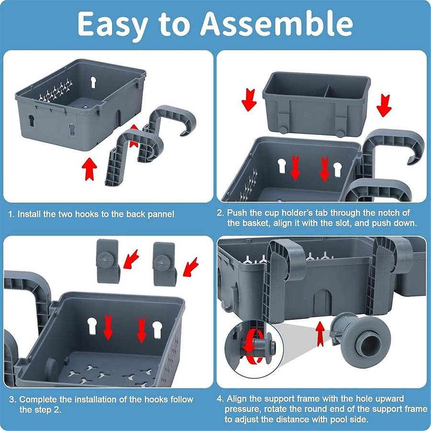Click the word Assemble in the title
(x=276, y=24)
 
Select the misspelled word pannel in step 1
(x=161, y=215)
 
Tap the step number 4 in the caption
(x=219, y=398)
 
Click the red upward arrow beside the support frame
(x=320, y=334)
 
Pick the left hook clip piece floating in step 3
(x=108, y=261)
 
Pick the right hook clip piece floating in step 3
(x=164, y=264)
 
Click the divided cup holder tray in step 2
(x=317, y=104)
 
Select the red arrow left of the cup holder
(x=249, y=100)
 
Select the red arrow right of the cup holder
(x=384, y=105)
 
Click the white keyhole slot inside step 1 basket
(x=93, y=82)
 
